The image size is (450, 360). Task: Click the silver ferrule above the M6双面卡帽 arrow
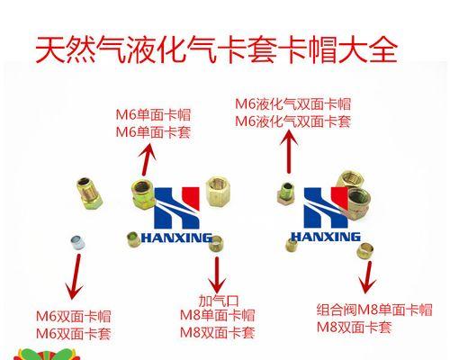(x=77, y=243)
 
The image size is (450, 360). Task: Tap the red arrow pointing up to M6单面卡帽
(x=147, y=159)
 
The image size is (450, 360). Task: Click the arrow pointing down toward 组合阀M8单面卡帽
(x=367, y=277)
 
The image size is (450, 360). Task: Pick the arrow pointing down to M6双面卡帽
(x=75, y=276)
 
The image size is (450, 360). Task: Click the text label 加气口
(x=219, y=301)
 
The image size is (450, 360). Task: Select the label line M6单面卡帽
(x=153, y=115)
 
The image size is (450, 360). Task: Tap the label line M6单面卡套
(x=153, y=132)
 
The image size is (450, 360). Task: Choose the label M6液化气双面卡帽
(x=292, y=104)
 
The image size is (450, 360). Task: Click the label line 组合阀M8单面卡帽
(x=374, y=310)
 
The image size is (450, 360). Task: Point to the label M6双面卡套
(x=74, y=334)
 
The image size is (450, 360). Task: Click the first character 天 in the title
(x=50, y=49)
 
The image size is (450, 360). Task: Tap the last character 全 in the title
(x=383, y=49)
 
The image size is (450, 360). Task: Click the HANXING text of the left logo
(x=176, y=238)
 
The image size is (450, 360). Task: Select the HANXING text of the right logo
(x=326, y=237)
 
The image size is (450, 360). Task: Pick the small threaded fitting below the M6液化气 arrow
(x=286, y=193)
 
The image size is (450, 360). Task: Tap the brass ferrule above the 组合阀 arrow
(x=365, y=251)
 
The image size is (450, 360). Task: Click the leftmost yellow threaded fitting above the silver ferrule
(x=89, y=193)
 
